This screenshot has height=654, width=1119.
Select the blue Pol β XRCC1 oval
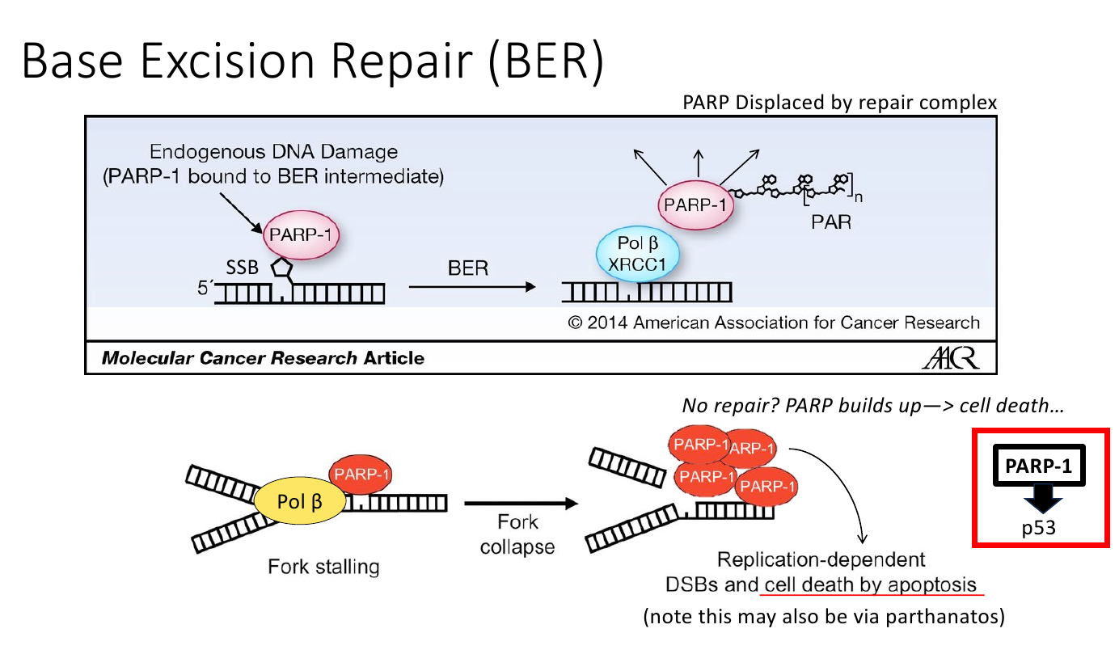pyautogui.click(x=637, y=254)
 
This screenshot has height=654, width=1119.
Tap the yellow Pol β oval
pyautogui.click(x=300, y=500)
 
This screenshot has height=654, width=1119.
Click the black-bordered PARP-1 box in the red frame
pyautogui.click(x=1039, y=465)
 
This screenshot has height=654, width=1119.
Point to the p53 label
pyautogui.click(x=1039, y=528)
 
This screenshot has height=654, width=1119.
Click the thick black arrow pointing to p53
pyautogui.click(x=1042, y=498)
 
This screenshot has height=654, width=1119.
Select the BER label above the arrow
pyautogui.click(x=468, y=268)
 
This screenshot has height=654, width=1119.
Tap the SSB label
pyautogui.click(x=243, y=268)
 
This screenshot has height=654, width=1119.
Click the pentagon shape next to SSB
pyautogui.click(x=281, y=268)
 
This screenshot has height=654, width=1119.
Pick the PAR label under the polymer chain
pyautogui.click(x=831, y=222)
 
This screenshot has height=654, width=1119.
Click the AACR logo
pyautogui.click(x=950, y=357)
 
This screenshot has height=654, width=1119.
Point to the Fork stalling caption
pyautogui.click(x=323, y=567)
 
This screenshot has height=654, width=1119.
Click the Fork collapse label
pyautogui.click(x=517, y=534)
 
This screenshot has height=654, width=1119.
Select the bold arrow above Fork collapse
pyautogui.click(x=521, y=503)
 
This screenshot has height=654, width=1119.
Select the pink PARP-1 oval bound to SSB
pyautogui.click(x=301, y=234)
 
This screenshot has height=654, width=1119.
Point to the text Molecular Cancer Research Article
pyautogui.click(x=263, y=358)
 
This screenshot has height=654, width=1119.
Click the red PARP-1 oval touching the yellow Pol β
pyautogui.click(x=361, y=474)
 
